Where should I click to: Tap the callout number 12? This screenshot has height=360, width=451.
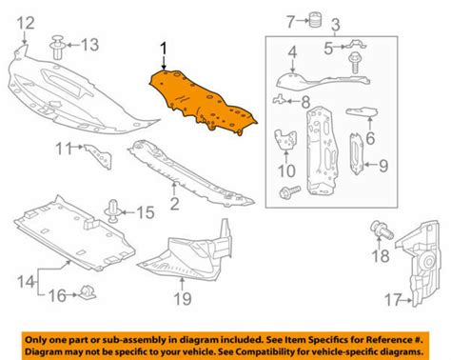tap(26, 23)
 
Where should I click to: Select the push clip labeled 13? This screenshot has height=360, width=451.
tap(57, 48)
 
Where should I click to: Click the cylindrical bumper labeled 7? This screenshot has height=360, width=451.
tap(315, 21)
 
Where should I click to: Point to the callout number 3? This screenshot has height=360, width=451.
tap(335, 25)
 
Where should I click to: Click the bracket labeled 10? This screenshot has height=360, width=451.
tap(285, 139)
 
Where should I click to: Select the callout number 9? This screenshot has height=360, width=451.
tap(383, 165)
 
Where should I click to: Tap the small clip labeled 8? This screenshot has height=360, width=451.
tap(278, 99)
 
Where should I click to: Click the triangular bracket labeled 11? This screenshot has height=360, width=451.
tap(99, 156)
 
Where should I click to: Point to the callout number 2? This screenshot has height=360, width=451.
tap(174, 204)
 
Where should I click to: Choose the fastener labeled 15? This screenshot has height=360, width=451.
tap(111, 210)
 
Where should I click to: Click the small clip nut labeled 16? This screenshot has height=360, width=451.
tap(87, 292)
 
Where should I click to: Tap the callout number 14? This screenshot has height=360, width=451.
tap(26, 282)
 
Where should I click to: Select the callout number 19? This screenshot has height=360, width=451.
tap(183, 299)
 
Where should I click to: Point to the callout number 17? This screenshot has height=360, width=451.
tap(393, 299)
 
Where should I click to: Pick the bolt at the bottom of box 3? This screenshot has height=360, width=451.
tap(289, 191)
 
